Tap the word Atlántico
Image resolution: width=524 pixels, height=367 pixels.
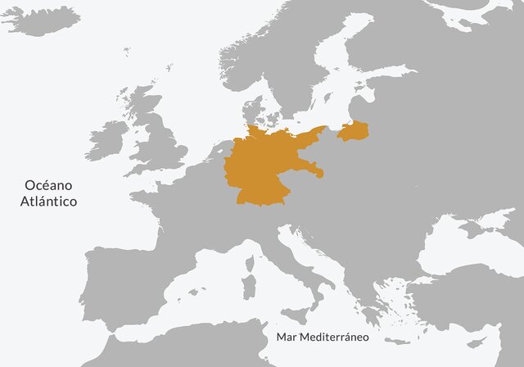point(49,201)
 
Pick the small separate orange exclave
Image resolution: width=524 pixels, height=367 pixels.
point(354,131)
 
